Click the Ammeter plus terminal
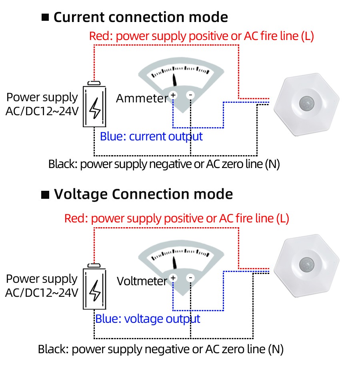coord(173,95)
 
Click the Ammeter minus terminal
coord(190,95)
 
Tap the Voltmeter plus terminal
coord(173,278)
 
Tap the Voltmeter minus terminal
coord(190,278)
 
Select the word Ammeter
coord(142,98)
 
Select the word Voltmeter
coord(142,281)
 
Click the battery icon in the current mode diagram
coord(95,105)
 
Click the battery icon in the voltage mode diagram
coord(95,287)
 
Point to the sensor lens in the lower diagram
coord(307,264)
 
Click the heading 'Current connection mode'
coord(141,18)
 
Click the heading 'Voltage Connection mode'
coord(143,194)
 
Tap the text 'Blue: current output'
coord(151,136)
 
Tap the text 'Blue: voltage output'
coord(148,319)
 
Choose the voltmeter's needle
coord(175,262)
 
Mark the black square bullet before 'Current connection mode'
coord(45,18)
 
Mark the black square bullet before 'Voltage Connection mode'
coord(46,195)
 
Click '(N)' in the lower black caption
coord(276,349)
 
